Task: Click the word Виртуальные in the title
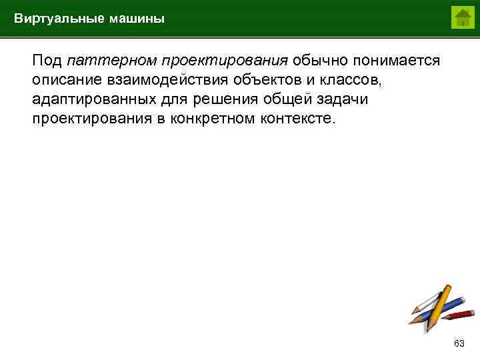[59, 19]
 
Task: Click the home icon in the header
[461, 17]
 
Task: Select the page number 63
[459, 343]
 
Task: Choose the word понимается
[397, 61]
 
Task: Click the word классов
[353, 80]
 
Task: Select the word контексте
[301, 119]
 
